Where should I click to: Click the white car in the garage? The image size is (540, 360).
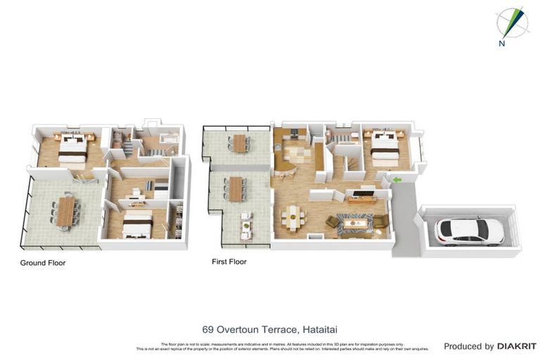469,230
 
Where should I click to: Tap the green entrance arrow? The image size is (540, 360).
397,180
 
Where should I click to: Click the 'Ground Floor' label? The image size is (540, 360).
44,262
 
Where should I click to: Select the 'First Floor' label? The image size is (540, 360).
229,262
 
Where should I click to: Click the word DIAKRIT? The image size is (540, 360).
517,346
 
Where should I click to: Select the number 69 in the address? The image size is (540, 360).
207,329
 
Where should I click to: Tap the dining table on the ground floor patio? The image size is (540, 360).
65,211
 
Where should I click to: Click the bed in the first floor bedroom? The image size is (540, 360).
384,145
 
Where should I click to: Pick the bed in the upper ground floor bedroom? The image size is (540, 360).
72,148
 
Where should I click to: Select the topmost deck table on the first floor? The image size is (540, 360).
239,143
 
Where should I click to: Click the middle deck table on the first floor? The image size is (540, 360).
235,187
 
